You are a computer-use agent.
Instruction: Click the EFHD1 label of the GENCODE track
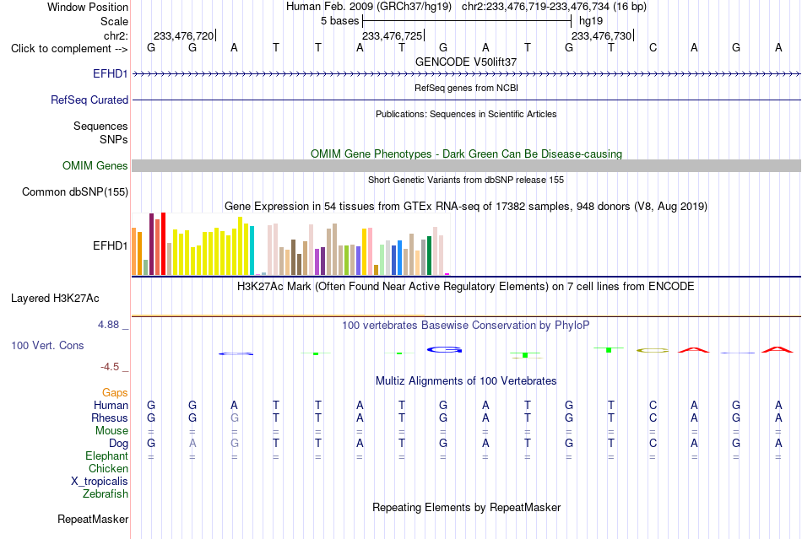(x=110, y=73)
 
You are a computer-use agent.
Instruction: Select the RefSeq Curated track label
(x=89, y=100)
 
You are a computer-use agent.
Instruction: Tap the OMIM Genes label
(x=95, y=165)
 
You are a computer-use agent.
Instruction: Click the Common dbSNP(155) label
(x=75, y=191)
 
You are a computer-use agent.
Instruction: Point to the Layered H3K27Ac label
(x=55, y=299)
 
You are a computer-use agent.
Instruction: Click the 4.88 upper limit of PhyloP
(x=108, y=325)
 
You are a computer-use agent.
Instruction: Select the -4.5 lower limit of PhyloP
(x=110, y=367)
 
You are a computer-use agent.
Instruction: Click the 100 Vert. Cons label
(x=47, y=345)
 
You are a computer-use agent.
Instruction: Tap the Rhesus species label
(x=110, y=418)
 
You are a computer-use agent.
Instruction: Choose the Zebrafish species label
(x=106, y=493)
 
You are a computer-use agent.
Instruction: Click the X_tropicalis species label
(x=100, y=482)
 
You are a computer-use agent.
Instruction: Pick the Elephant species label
(x=106, y=455)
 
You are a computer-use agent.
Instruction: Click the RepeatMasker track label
(x=93, y=519)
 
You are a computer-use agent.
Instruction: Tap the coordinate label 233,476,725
(x=393, y=35)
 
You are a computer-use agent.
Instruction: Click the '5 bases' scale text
(x=340, y=21)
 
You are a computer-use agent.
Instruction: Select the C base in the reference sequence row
(x=653, y=47)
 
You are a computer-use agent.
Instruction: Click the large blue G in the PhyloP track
(x=444, y=350)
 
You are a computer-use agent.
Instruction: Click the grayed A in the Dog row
(x=192, y=443)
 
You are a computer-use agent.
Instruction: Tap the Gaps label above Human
(x=115, y=392)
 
